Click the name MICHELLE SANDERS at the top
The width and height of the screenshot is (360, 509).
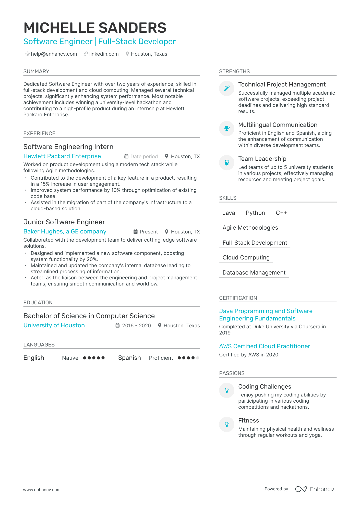(95, 28)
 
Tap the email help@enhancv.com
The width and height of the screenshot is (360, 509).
(54, 54)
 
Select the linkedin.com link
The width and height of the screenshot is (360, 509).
(104, 54)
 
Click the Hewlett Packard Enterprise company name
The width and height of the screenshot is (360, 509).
(62, 156)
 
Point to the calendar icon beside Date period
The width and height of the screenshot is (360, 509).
(126, 156)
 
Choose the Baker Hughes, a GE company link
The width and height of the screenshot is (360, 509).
(65, 231)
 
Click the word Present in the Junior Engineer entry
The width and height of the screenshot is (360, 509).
(149, 232)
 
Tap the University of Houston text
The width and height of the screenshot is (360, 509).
(54, 325)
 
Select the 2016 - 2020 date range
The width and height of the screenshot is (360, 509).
(136, 326)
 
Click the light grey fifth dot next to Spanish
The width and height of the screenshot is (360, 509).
(197, 358)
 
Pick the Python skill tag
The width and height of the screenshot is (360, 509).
(255, 213)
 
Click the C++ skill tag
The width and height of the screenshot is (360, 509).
(281, 213)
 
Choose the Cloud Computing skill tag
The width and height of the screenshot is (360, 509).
(246, 257)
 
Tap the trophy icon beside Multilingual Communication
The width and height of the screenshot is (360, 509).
(227, 128)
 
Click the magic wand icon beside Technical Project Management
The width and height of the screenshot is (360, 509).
(227, 88)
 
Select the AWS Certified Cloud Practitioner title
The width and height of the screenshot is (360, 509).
(265, 346)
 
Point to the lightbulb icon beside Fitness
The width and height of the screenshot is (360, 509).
(227, 424)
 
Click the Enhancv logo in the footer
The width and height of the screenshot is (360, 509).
(315, 489)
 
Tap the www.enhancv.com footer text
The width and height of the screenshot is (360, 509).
(42, 490)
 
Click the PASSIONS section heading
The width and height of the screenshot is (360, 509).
(232, 373)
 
